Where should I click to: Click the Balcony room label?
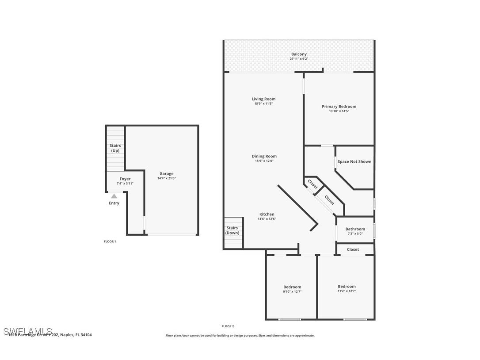[299, 54]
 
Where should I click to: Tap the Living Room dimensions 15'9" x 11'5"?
[263, 103]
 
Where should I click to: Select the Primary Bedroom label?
[339, 107]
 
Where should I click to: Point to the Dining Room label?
[264, 156]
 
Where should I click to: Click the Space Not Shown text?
[354, 162]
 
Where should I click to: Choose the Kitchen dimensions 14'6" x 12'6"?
[267, 219]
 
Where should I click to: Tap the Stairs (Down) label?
[232, 230]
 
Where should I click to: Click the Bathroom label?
[355, 229]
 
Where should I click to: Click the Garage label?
[167, 174]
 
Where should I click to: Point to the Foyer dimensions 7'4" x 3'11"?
[125, 184]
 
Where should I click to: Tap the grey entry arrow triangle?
[114, 196]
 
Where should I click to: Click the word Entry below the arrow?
[114, 203]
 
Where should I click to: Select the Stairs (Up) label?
[115, 148]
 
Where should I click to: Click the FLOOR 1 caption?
[110, 241]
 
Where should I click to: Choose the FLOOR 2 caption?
[228, 326]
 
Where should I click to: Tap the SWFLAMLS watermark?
[28, 331]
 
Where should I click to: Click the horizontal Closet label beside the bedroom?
[353, 249]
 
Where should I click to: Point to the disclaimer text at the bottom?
[240, 336]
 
